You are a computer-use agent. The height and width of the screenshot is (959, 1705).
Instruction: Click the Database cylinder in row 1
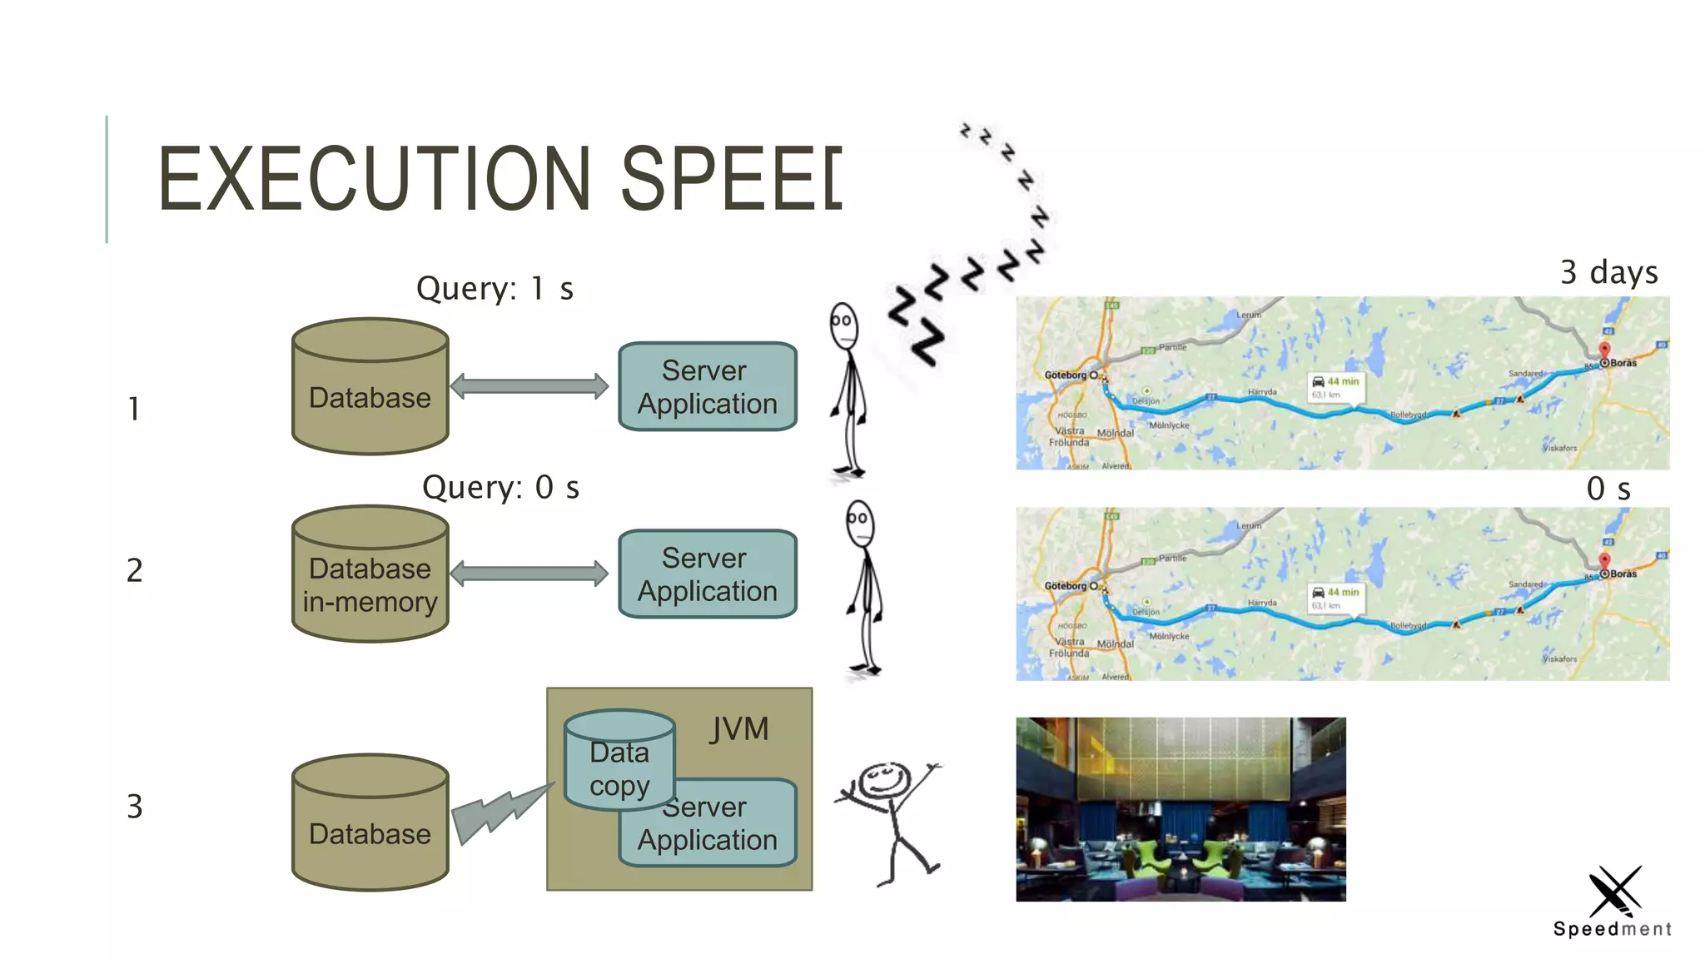coord(370,387)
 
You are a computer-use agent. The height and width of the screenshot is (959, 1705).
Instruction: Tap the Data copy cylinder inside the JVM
coord(619,760)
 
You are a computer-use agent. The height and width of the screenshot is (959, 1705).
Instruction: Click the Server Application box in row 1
coord(708,387)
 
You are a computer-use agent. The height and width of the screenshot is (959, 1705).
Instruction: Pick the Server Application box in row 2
coord(708,574)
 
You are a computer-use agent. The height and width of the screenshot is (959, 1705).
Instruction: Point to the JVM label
coord(738,729)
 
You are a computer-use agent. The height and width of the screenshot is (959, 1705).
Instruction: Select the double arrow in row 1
coord(529,386)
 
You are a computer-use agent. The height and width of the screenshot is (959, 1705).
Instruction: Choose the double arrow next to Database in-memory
coord(529,574)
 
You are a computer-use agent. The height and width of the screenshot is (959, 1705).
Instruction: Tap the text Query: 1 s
coord(495,289)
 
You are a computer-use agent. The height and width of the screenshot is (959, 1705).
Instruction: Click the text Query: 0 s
coord(500,488)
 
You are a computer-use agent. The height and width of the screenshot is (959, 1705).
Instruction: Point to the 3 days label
coord(1608,272)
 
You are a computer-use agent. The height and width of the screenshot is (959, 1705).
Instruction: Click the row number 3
coord(135,807)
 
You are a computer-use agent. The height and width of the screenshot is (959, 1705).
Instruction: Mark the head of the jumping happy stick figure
coord(884,782)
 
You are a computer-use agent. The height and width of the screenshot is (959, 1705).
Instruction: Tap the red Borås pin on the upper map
coord(1604,350)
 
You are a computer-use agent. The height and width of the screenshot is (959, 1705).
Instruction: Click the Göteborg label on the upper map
coord(1066,375)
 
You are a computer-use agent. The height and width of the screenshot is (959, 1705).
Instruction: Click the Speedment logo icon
coord(1614,891)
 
